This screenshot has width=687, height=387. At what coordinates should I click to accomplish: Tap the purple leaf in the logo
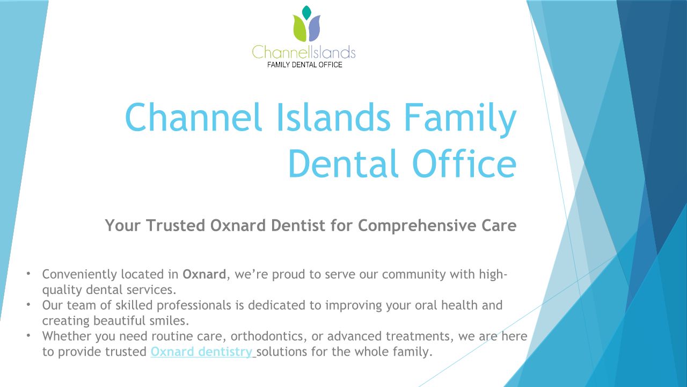coord(315,29)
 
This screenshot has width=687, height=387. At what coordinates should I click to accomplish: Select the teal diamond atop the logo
coord(306,12)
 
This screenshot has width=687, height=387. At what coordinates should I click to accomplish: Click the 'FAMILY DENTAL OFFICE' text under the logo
coord(304,65)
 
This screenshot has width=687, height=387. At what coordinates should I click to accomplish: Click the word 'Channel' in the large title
coord(193,117)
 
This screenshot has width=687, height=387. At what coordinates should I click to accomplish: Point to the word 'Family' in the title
coord(461,120)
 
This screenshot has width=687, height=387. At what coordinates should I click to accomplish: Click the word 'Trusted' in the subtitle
coord(176,225)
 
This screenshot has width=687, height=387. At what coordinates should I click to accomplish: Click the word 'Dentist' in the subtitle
coord(297,225)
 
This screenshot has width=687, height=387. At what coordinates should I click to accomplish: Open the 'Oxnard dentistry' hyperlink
coord(201,352)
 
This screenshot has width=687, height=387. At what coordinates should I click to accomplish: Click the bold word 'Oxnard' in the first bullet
coord(204,274)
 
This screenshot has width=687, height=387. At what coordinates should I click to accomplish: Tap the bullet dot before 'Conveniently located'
coord(28,273)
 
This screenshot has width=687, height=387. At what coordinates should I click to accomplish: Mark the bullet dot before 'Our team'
coord(28,304)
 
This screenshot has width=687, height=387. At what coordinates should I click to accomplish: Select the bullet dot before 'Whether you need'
coord(28,335)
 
